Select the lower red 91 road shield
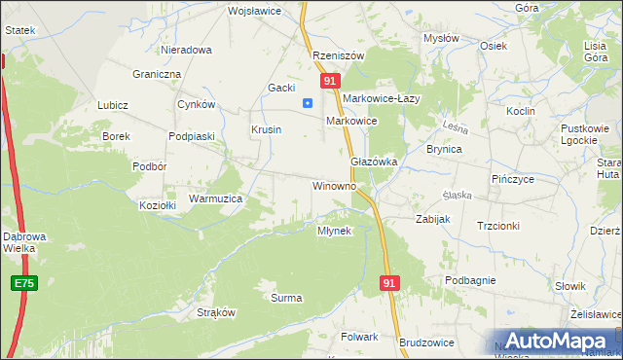tap(389, 282)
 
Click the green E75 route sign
tap(25, 283)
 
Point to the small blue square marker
tap(308, 102)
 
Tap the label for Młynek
tap(339, 231)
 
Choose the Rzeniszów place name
tap(338, 55)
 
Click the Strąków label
tap(217, 312)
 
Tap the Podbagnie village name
tap(471, 280)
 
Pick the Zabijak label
tap(432, 219)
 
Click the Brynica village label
tap(444, 149)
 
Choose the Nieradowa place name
tap(186, 49)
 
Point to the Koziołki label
tap(158, 205)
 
